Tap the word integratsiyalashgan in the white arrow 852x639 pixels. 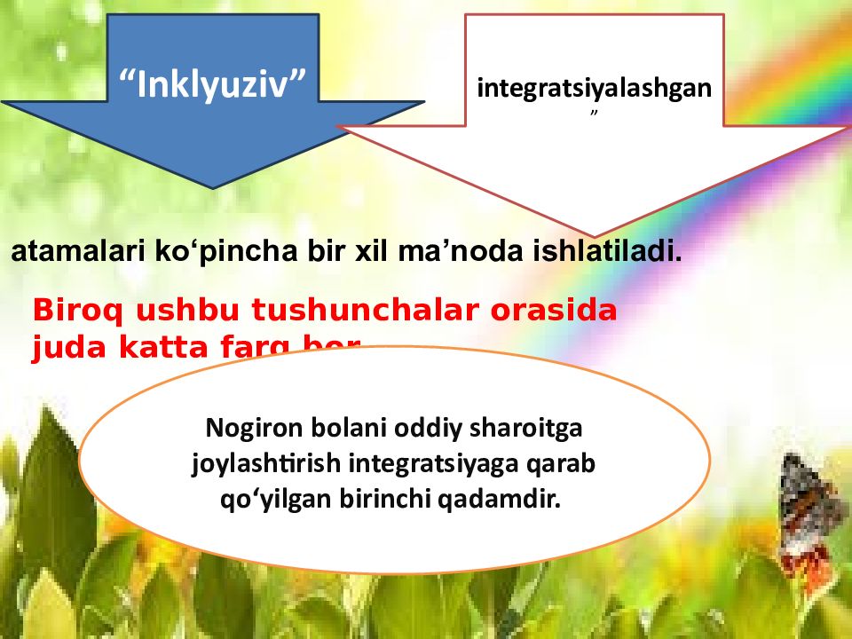point(594,89)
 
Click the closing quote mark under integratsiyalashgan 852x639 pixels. point(595,115)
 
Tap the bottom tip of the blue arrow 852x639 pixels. point(212,187)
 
